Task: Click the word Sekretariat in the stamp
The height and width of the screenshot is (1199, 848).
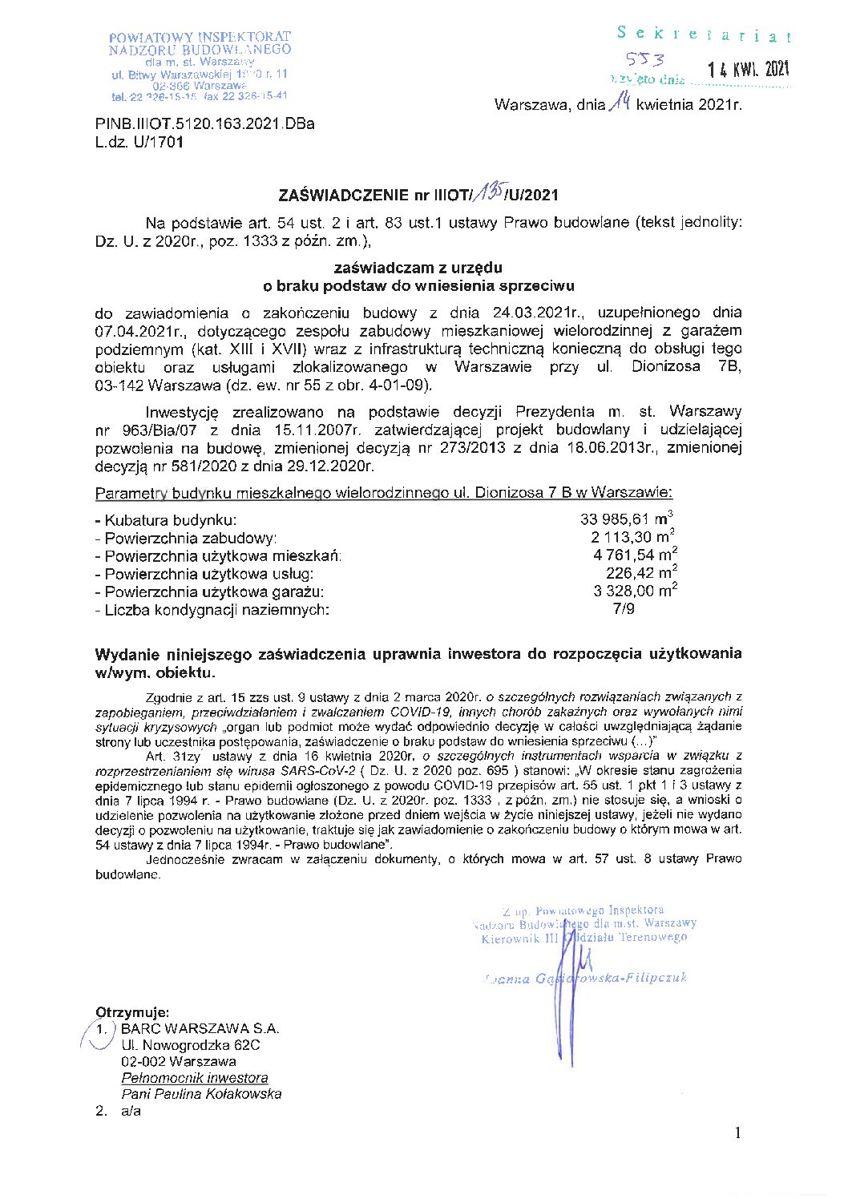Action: point(705,34)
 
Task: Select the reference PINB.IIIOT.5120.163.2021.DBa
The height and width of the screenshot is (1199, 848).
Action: point(204,124)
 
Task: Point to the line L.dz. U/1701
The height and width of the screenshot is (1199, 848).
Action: point(139,143)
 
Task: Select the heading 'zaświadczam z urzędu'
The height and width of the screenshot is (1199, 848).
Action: point(418,268)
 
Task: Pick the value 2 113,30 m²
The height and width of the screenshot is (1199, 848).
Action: point(632,537)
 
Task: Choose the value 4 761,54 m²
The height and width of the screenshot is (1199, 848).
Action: point(635,555)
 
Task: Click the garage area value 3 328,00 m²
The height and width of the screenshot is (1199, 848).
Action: point(635,591)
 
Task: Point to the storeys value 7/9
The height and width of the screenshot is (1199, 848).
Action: point(624,609)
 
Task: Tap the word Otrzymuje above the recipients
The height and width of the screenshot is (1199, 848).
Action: point(132,1012)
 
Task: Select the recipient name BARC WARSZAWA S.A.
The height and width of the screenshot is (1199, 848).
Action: point(200,1029)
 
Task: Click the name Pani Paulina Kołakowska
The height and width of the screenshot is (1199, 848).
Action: point(201,1094)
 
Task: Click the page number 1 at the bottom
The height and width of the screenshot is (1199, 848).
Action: point(737,1132)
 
